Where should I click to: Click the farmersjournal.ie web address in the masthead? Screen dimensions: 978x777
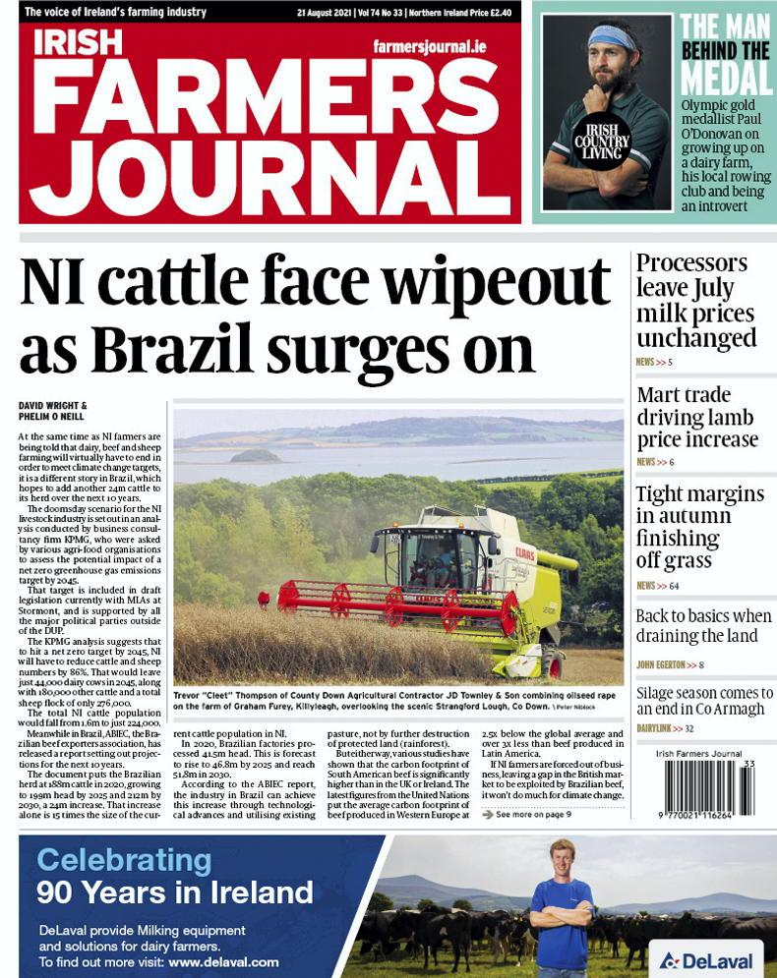pos(430,46)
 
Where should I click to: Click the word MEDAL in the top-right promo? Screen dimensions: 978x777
pos(726,78)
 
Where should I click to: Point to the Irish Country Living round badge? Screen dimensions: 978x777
pos(601,141)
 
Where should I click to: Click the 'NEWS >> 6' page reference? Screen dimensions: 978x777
pos(655,462)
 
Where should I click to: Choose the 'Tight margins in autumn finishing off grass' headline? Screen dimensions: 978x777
pos(699,527)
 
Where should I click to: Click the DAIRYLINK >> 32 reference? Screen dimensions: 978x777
pos(665,728)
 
